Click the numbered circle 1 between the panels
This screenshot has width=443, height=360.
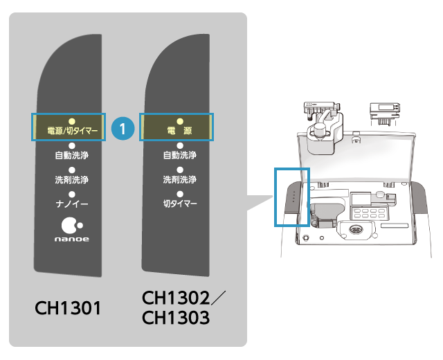[x=123, y=128]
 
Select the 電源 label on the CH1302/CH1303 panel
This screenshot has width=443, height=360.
[x=179, y=129]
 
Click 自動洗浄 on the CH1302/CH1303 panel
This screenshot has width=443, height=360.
[x=179, y=155]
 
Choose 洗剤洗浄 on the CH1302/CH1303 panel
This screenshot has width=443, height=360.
[x=179, y=179]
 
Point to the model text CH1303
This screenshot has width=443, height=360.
[x=176, y=318]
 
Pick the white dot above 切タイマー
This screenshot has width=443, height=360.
[x=179, y=194]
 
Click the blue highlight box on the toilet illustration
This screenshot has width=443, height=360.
[x=292, y=196]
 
